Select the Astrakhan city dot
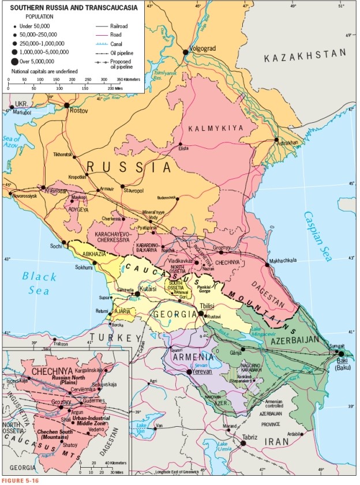pyautogui.click(x=277, y=140)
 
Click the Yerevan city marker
pyautogui.click(x=189, y=372)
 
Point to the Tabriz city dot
pyautogui.click(x=243, y=443)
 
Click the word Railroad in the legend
pyautogui.click(x=119, y=26)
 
